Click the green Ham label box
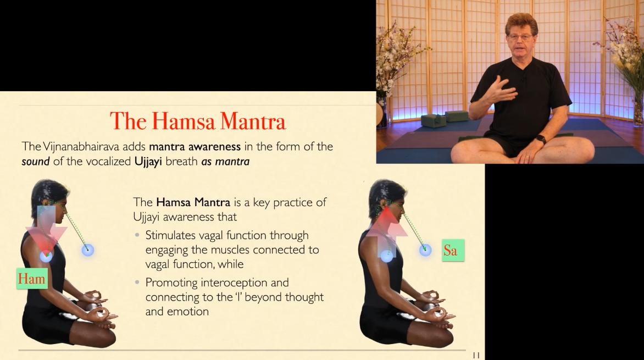pos(32,279)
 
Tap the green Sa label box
pos(453,250)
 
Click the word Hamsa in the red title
pos(183,121)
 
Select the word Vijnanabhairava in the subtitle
pos(81,147)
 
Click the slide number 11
pos(476,355)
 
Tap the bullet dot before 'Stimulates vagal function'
pos(137,235)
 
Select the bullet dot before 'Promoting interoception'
pos(137,283)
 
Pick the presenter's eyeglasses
pos(520,37)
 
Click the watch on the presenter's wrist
pos(541,139)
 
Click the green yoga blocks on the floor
pos(445,119)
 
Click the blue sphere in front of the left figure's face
pos(88,250)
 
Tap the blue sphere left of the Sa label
pos(425,250)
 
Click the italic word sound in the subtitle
pos(36,162)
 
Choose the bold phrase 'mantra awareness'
pos(195,147)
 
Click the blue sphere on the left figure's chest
pos(46,257)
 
